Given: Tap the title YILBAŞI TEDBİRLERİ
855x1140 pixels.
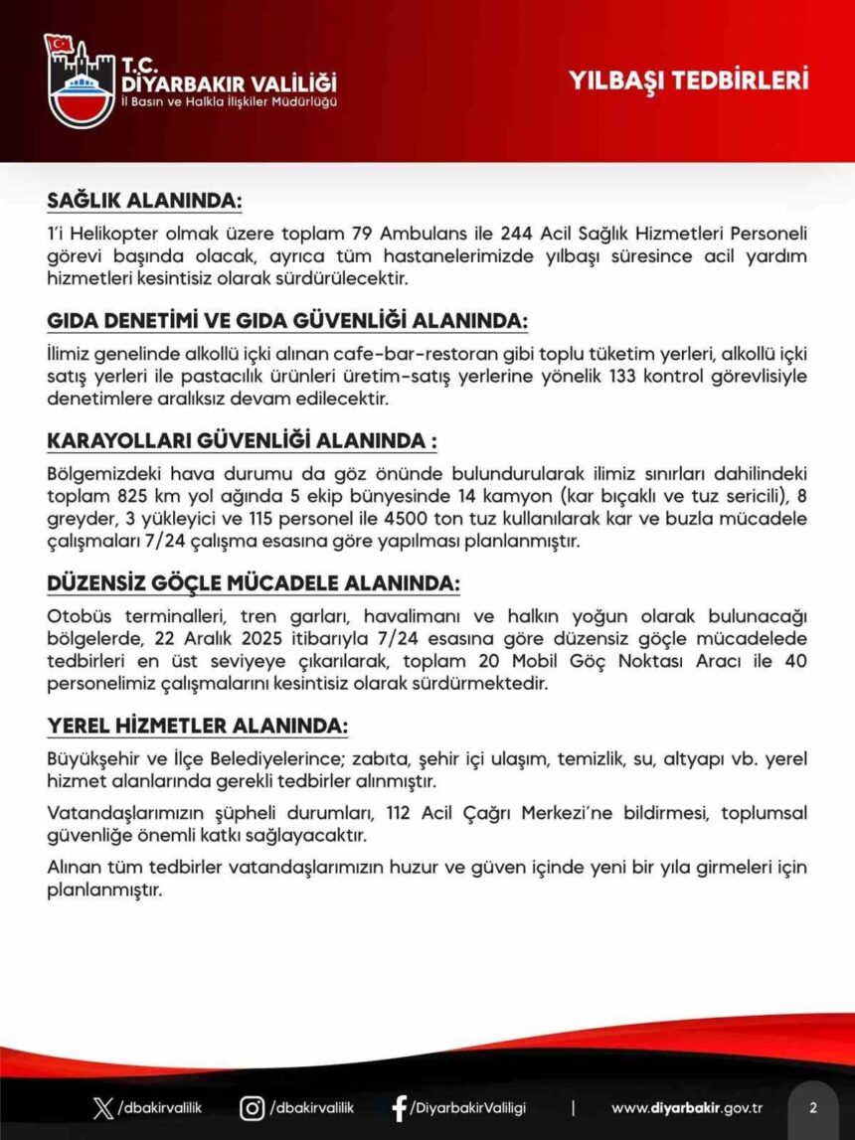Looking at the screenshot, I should pyautogui.click(x=688, y=81).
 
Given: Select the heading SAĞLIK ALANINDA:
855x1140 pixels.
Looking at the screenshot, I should pyautogui.click(x=144, y=200).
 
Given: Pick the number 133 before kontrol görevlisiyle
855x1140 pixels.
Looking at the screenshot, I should pyautogui.click(x=601, y=377).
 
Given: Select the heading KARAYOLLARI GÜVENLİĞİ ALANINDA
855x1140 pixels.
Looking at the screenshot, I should pyautogui.click(x=242, y=441).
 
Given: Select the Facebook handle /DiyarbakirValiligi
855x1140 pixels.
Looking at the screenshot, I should pyautogui.click(x=468, y=1108).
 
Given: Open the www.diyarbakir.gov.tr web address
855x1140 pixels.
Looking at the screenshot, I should pyautogui.click(x=686, y=1108).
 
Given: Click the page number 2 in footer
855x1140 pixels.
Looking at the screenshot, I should pyautogui.click(x=812, y=1108).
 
